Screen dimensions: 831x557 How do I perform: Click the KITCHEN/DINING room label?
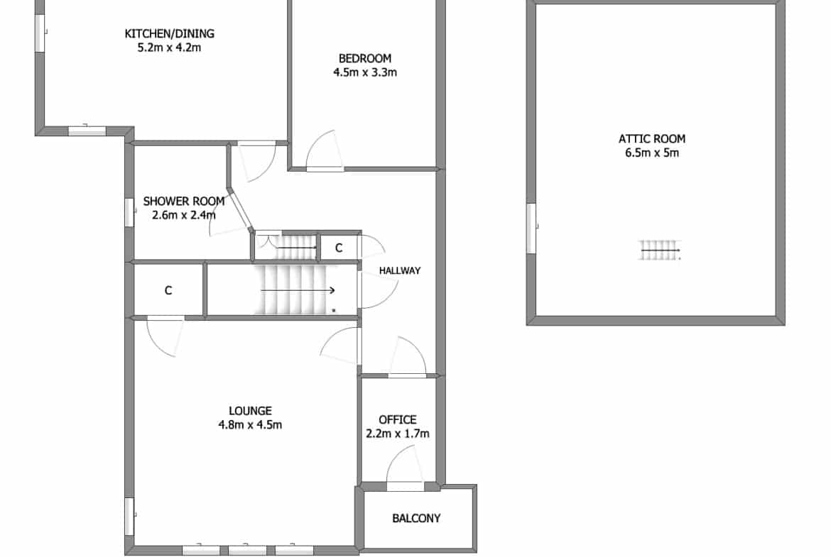[170, 34]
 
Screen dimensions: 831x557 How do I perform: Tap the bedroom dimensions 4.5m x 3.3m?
[365, 72]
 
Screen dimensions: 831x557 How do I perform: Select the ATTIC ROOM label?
[652, 139]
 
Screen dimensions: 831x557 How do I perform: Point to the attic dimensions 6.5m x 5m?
[652, 153]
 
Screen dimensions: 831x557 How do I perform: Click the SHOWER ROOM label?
[184, 202]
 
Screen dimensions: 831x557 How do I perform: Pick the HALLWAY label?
[400, 270]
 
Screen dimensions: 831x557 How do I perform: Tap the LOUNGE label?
[250, 411]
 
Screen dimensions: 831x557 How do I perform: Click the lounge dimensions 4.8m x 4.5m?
[250, 424]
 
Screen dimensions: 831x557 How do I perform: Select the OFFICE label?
[398, 420]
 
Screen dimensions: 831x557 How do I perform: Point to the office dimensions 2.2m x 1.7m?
[398, 434]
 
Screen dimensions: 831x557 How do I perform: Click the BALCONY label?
[416, 519]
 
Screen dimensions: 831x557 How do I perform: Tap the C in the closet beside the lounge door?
[168, 290]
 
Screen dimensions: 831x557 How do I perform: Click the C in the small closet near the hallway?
[339, 248]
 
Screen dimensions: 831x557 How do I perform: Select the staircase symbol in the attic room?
[660, 250]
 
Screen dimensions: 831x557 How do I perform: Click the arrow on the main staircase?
[298, 290]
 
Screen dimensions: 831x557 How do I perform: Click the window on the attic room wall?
[531, 228]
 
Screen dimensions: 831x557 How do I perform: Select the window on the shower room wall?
[129, 213]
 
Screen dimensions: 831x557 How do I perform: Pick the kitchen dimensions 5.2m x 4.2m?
[170, 48]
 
